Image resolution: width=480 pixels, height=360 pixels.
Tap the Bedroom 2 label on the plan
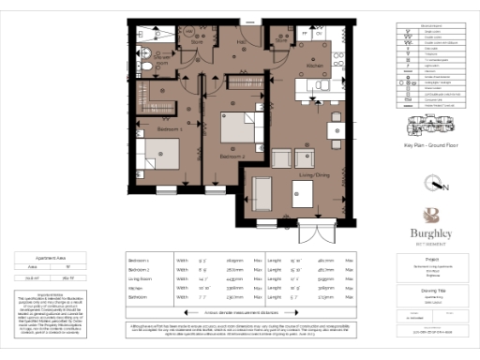tap(231, 155)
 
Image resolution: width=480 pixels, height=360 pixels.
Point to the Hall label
tap(240, 42)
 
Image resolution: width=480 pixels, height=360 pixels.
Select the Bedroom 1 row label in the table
tap(138, 260)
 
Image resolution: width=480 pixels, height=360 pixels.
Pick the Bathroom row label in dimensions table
tap(138, 296)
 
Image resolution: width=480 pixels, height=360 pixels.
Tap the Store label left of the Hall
tap(198, 43)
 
